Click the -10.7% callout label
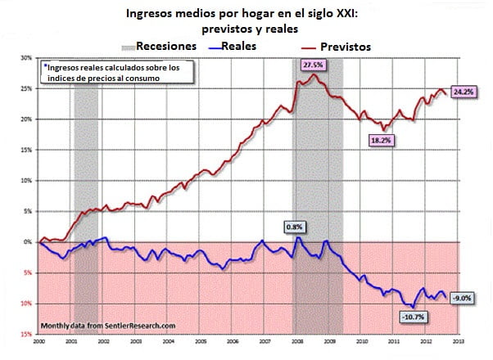pos(411,317)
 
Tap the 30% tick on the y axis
pos(27,58)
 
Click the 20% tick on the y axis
pos(27,119)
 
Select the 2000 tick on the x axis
pos(39,340)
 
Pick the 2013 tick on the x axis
pos(459,340)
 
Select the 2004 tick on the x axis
pos(168,340)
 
